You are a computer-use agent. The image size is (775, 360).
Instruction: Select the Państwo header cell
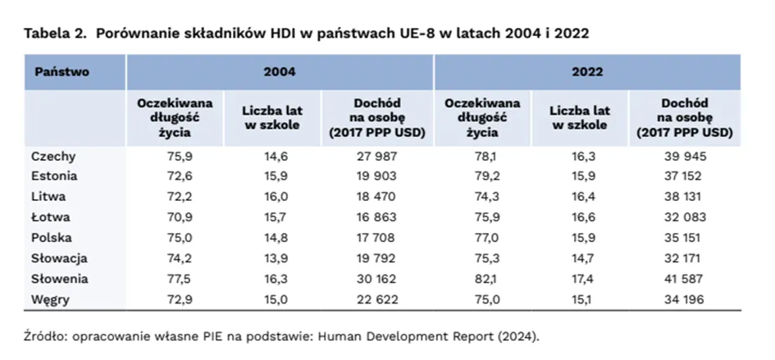click(x=62, y=72)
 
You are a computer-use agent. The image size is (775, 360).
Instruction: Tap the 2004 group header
click(x=279, y=72)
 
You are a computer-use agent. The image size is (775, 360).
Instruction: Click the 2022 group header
click(x=587, y=72)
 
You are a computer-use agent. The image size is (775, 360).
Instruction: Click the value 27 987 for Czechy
click(x=378, y=156)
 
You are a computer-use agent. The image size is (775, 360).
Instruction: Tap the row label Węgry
click(x=50, y=299)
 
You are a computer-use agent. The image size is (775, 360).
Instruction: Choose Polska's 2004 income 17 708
click(x=378, y=238)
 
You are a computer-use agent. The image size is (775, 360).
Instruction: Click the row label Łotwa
click(x=50, y=217)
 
